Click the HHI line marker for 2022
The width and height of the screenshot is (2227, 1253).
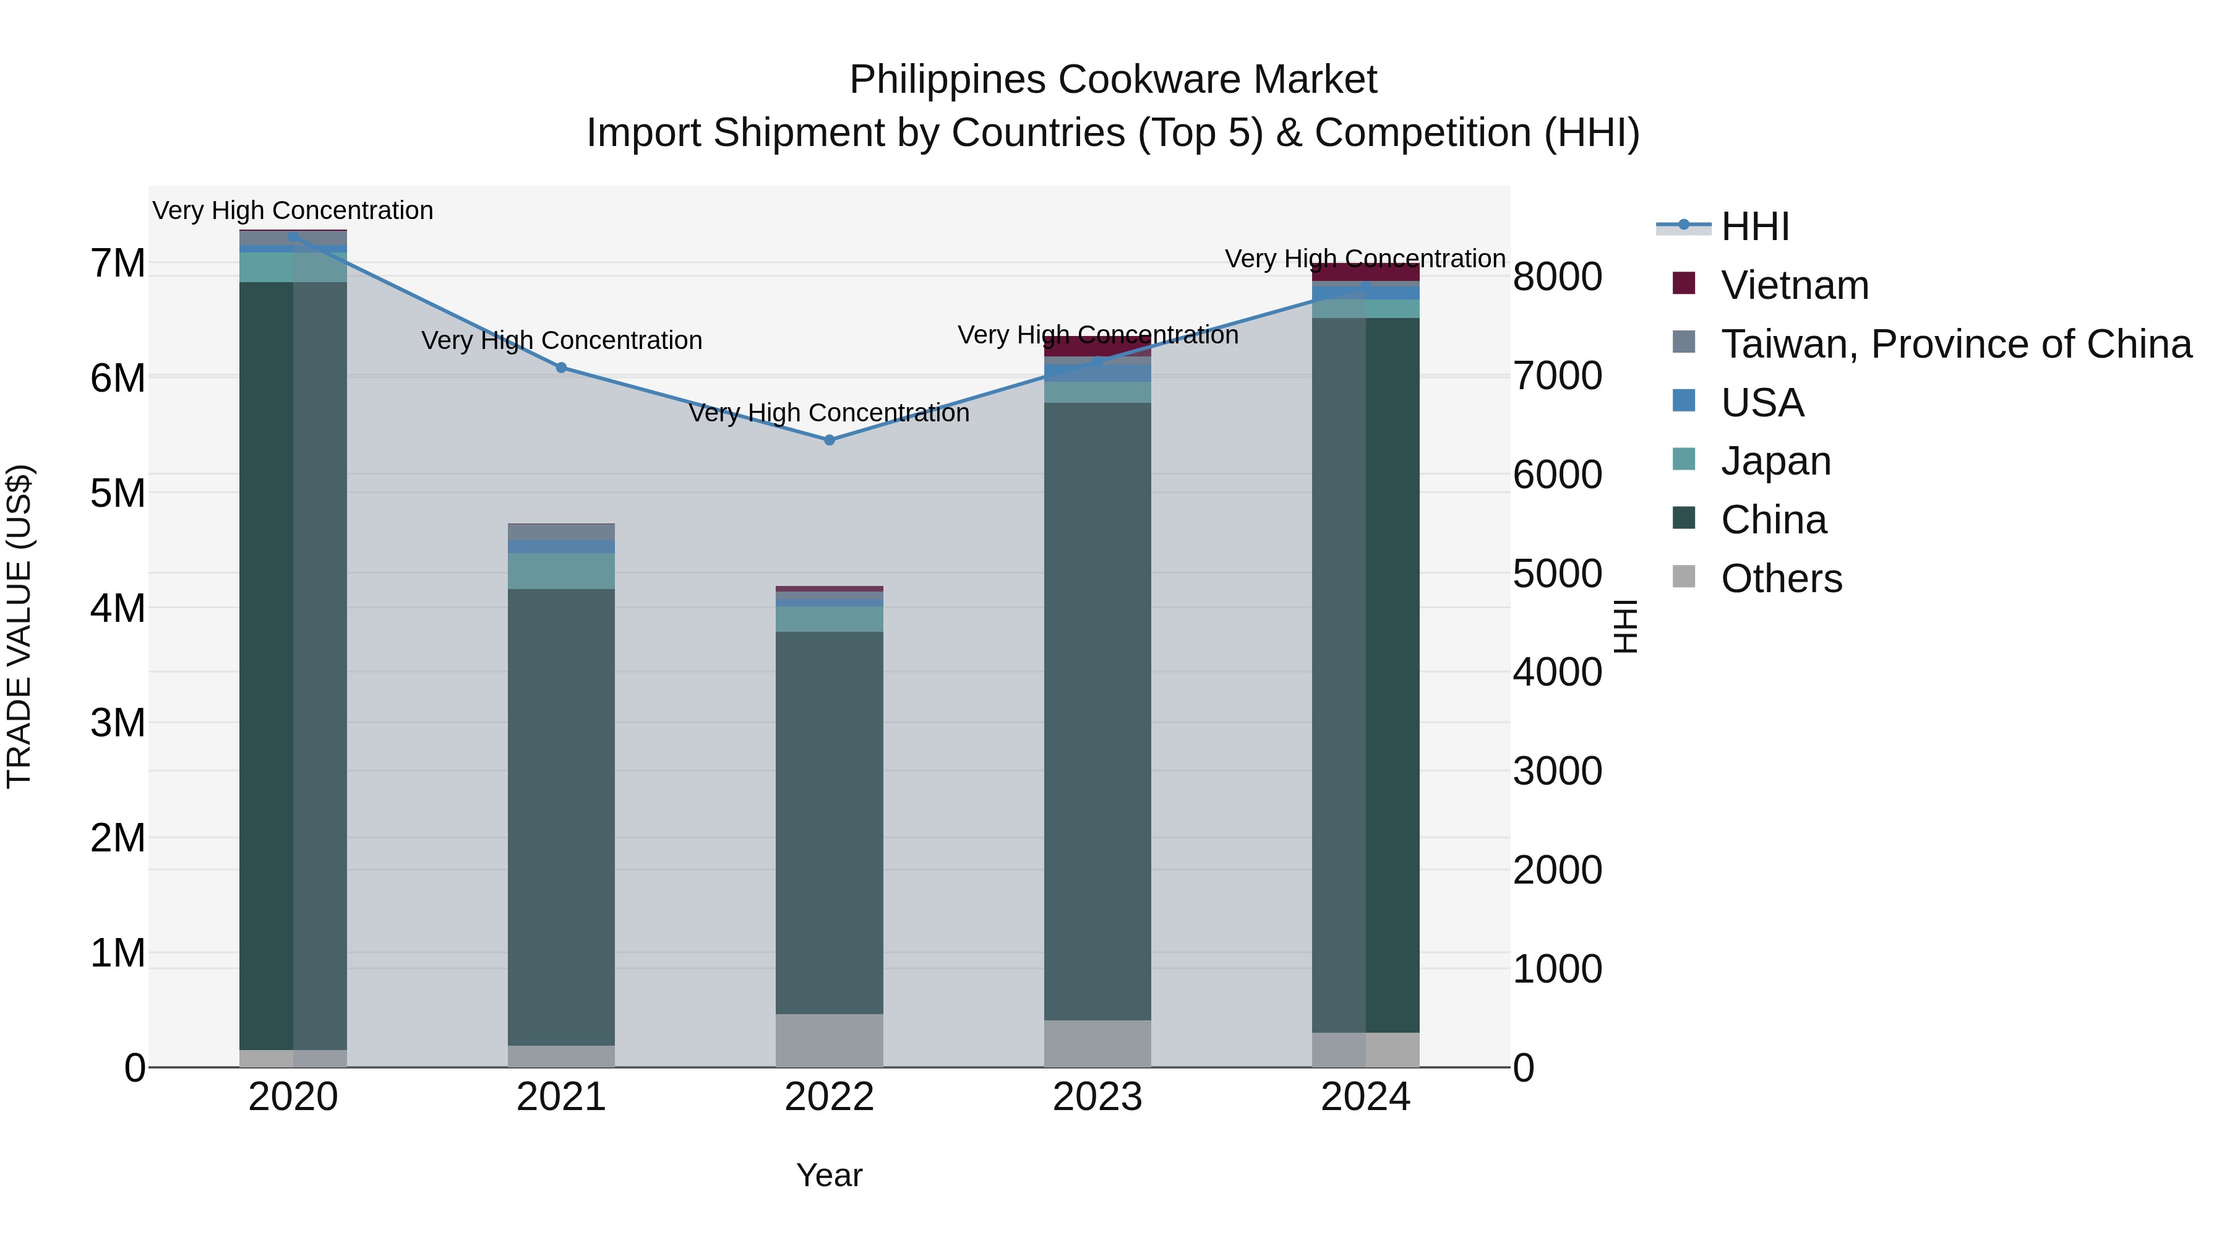(x=829, y=440)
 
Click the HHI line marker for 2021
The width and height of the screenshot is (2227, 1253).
(x=561, y=368)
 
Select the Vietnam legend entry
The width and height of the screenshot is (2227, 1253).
(x=1794, y=285)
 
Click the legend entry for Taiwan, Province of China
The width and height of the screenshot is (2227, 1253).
(x=1955, y=344)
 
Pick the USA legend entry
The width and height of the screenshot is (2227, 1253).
(x=1762, y=403)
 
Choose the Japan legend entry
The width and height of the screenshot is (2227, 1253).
(x=1775, y=461)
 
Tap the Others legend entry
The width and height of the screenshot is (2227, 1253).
(x=1781, y=579)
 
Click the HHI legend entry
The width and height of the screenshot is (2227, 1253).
(x=1754, y=226)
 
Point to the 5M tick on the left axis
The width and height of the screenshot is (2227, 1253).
(x=118, y=494)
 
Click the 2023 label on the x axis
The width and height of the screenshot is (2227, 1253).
(x=1097, y=1097)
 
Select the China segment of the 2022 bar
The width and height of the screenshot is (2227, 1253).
(x=829, y=822)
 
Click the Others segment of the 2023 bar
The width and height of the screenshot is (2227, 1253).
(x=1097, y=1044)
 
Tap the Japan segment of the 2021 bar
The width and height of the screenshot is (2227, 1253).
(x=561, y=571)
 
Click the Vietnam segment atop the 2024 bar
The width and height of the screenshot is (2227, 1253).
(x=1366, y=272)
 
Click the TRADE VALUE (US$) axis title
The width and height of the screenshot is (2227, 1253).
(x=19, y=626)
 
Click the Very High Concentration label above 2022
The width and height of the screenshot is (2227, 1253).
(x=829, y=413)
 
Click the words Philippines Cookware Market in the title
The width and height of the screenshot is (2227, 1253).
(x=1113, y=80)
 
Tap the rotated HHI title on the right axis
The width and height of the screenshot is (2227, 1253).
(x=1625, y=626)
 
